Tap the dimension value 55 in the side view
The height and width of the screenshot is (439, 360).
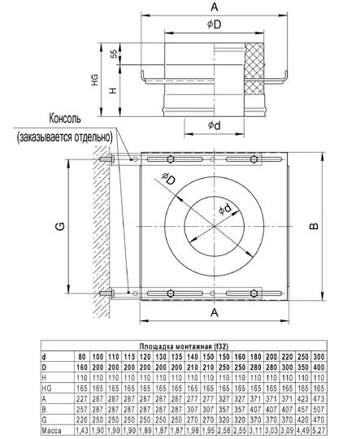point(113,57)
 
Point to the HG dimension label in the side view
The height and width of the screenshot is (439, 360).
point(94,80)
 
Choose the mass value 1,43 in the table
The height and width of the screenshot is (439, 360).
point(81,429)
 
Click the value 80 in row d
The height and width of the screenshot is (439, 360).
point(81,357)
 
